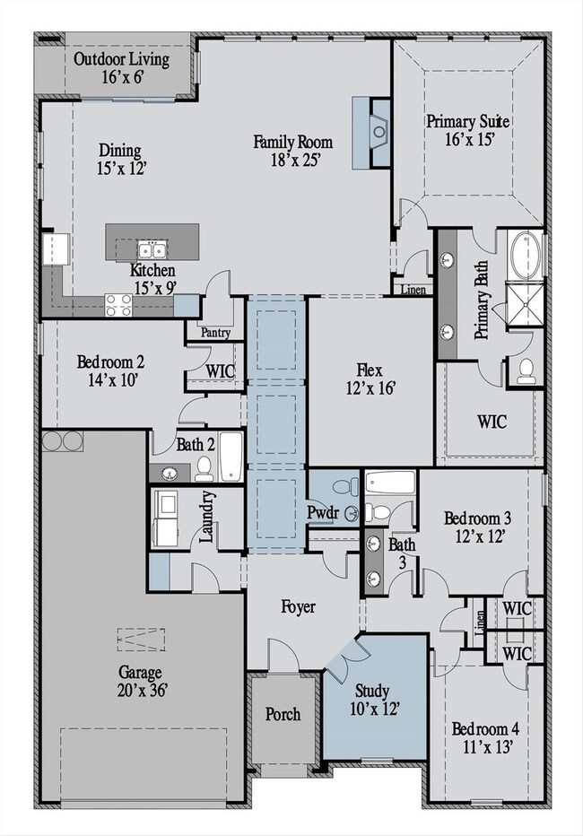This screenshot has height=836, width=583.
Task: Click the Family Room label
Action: coord(292,142)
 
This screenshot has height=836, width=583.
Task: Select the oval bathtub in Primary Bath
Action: coord(525,255)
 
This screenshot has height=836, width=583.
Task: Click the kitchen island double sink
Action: coord(152,249)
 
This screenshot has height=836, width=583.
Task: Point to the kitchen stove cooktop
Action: coord(118,306)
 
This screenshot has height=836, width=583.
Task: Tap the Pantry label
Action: coord(215,333)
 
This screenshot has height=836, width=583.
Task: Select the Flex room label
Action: coord(370,370)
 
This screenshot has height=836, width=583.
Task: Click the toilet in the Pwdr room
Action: coord(344,485)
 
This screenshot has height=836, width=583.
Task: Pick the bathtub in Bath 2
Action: coord(231,457)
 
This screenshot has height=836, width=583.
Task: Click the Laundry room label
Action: coord(207,518)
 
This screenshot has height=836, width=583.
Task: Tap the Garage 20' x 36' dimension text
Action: coord(143,691)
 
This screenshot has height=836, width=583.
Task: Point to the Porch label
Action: coord(283,714)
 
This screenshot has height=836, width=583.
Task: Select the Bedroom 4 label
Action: coord(485,729)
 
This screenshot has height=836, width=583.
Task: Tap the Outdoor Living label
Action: coord(121,58)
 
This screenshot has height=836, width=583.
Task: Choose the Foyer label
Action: coord(298,607)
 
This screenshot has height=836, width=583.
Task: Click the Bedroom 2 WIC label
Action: coord(221,370)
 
